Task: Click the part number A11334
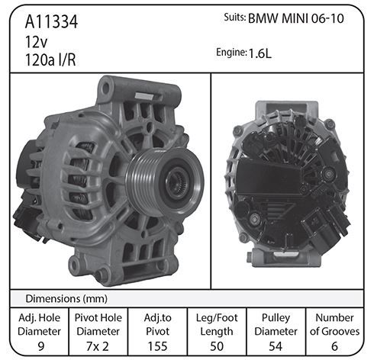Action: click(x=51, y=21)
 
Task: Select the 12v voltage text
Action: click(x=36, y=42)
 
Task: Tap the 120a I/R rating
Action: click(x=50, y=60)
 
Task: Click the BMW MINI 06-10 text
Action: click(x=296, y=18)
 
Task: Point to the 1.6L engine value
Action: click(x=260, y=53)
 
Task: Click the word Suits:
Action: click(x=235, y=18)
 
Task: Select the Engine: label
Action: click(x=231, y=53)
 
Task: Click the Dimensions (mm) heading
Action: click(x=66, y=298)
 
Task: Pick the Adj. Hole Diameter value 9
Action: click(x=40, y=346)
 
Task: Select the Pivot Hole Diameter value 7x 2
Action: click(x=98, y=346)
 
